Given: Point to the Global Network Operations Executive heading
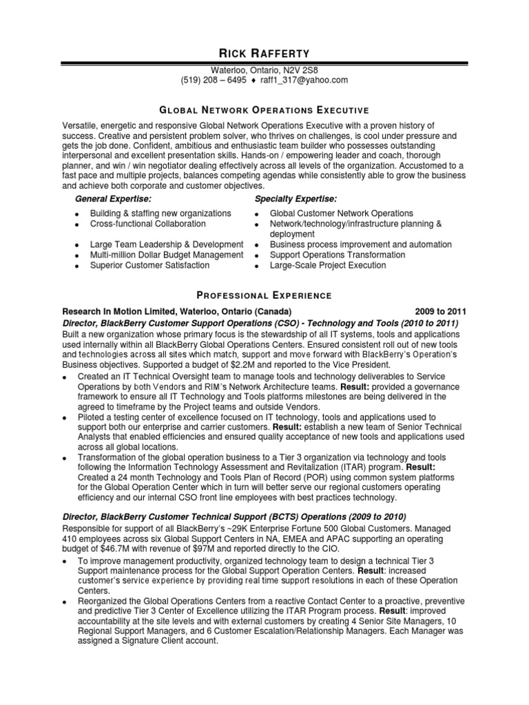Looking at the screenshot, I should click(x=264, y=110).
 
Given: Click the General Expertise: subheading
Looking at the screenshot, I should click(x=113, y=199).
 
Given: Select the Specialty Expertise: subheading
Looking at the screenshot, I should click(x=290, y=199).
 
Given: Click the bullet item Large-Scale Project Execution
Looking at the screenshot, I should click(x=328, y=265).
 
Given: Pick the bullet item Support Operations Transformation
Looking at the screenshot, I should click(x=338, y=255).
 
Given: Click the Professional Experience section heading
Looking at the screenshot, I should click(x=264, y=295).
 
